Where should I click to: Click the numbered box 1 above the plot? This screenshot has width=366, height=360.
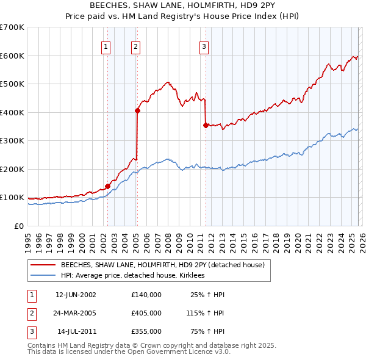[106, 46]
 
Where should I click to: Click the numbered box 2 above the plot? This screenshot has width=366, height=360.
[135, 46]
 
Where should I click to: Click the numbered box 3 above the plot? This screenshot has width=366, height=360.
[204, 46]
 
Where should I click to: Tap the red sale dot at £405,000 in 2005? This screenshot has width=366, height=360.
[137, 110]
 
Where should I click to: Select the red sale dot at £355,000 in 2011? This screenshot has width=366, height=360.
[206, 125]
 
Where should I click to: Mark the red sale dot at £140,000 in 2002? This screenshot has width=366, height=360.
[107, 186]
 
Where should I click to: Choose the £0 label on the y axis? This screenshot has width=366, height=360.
[18, 226]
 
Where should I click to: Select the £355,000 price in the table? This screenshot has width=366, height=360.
[146, 332]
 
